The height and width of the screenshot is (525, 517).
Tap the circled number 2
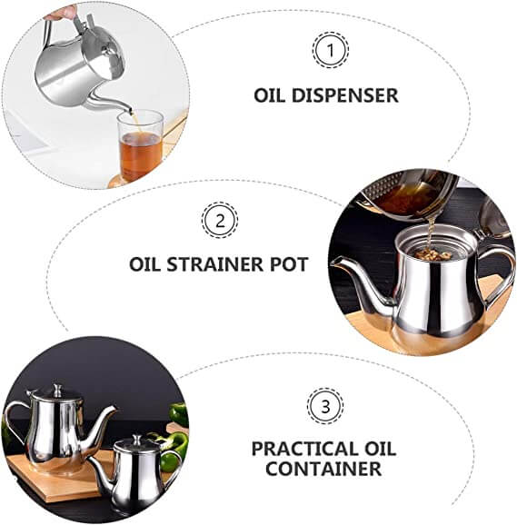(x=220, y=221)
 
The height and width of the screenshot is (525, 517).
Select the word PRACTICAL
(x=301, y=449)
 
